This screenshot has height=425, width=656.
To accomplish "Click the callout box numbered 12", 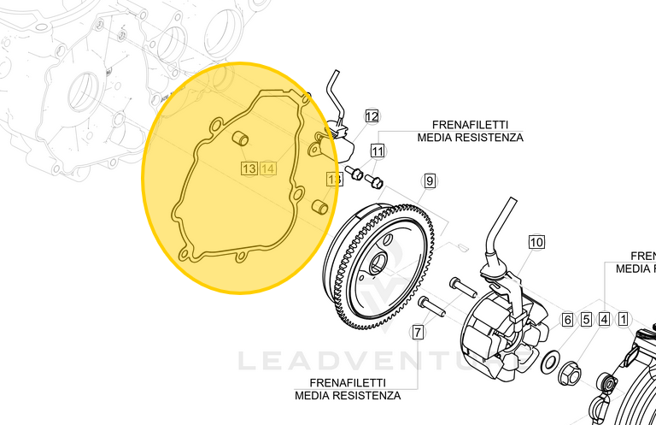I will click(372, 115).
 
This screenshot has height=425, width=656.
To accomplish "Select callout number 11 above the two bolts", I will click(378, 151).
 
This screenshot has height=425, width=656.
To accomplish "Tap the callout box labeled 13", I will click(249, 168).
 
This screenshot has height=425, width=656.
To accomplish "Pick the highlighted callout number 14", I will click(268, 168).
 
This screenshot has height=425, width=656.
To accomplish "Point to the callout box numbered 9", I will click(430, 180).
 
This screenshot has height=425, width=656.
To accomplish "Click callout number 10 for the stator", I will click(536, 242).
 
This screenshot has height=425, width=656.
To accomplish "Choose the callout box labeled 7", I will click(418, 332).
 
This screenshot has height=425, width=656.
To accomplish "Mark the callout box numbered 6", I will click(567, 320).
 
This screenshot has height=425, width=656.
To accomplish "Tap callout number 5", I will click(586, 320).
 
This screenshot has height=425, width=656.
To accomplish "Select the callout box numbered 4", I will click(604, 320).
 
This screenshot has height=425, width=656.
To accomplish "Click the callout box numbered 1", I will click(624, 320).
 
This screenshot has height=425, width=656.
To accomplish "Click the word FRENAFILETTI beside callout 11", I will click(470, 124).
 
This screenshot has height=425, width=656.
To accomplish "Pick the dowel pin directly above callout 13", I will click(242, 139).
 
